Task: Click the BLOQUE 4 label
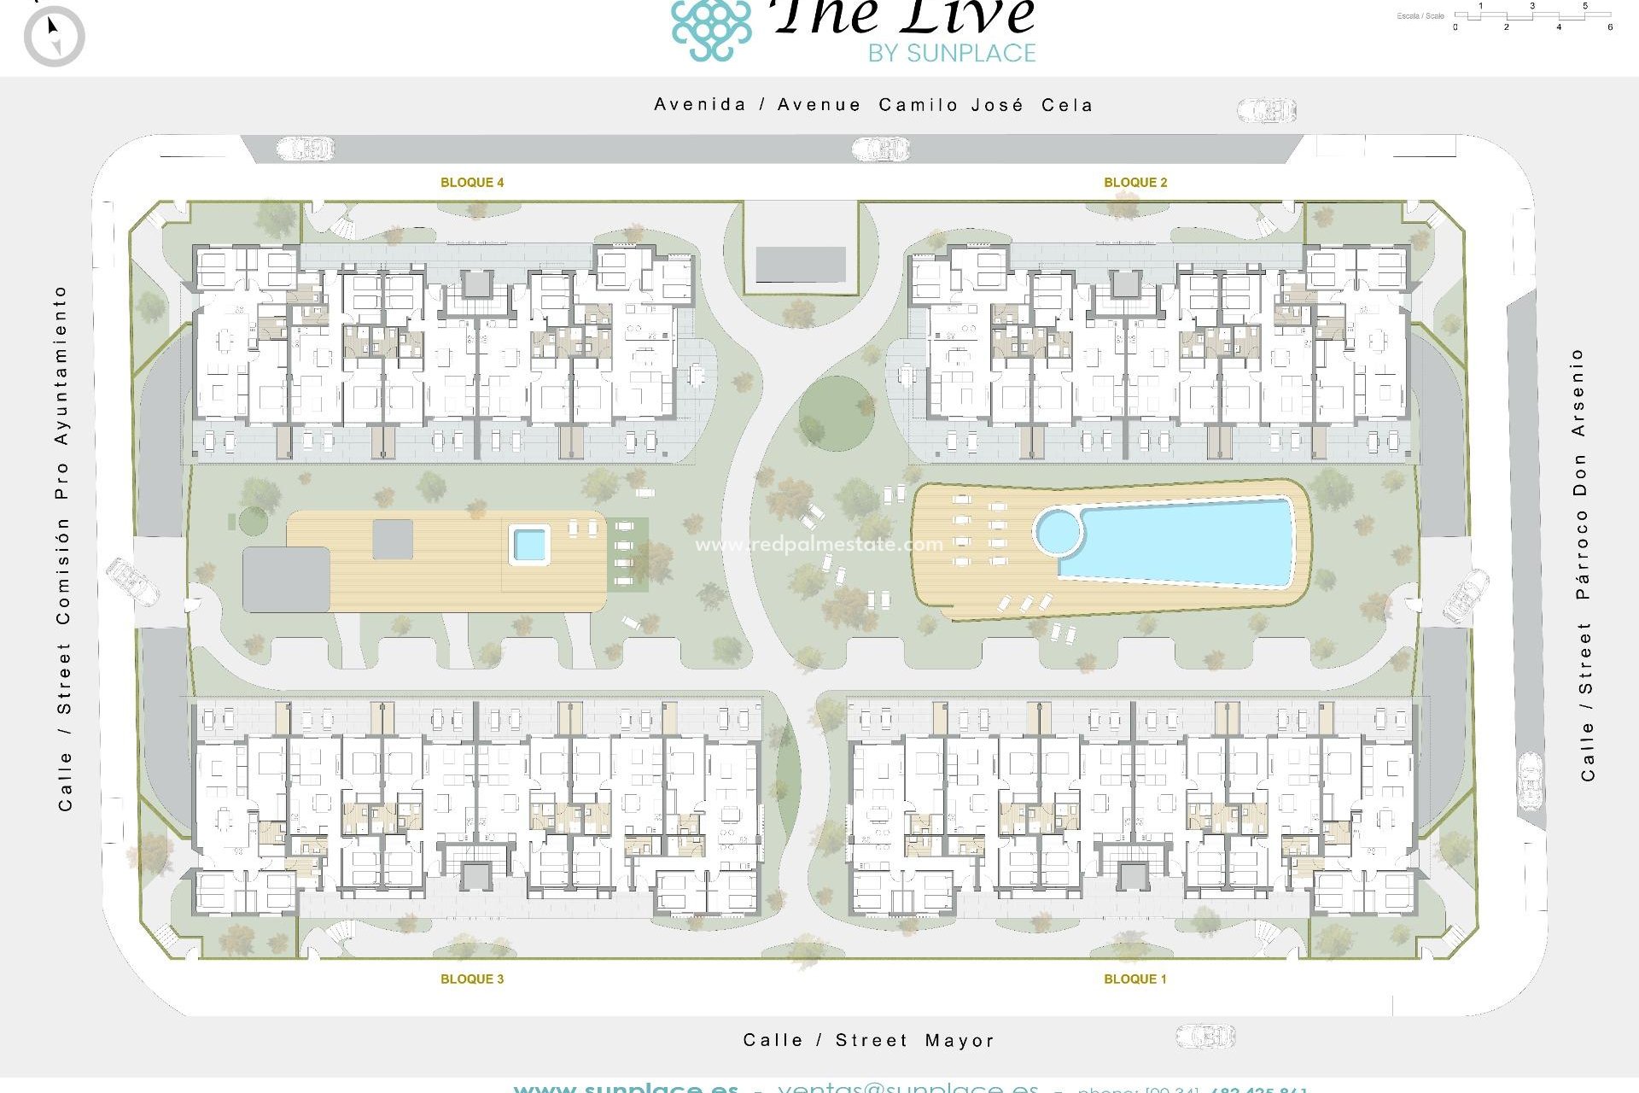(x=471, y=182)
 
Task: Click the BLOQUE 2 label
(x=1134, y=182)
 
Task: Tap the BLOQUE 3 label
(x=471, y=979)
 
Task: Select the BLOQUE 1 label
(x=1134, y=979)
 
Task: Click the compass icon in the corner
(x=54, y=37)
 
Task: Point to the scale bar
(x=1532, y=15)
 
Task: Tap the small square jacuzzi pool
(x=529, y=544)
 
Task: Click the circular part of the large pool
(x=1059, y=532)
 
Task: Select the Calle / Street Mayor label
(x=868, y=1040)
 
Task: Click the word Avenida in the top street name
(x=700, y=104)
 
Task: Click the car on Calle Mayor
(x=1205, y=1037)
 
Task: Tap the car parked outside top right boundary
(x=1266, y=109)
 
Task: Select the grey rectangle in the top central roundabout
(x=800, y=265)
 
